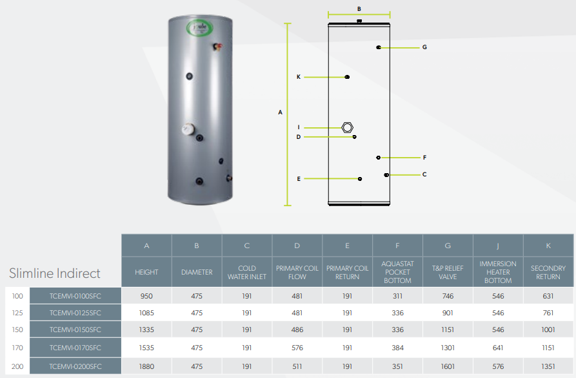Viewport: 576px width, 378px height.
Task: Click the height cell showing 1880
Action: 146,366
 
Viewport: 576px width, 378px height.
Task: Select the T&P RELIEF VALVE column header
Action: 448,272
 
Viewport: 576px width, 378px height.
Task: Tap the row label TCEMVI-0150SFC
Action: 75,330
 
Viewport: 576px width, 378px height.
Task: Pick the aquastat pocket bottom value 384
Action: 397,347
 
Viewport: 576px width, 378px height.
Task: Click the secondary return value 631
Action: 548,296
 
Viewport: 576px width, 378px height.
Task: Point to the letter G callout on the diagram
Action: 424,47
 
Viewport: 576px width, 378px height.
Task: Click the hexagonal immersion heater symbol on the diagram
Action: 348,127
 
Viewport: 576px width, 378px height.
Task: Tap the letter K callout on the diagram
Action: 299,77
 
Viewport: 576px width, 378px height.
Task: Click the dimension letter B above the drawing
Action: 359,9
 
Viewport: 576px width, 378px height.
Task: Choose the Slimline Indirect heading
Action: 55,273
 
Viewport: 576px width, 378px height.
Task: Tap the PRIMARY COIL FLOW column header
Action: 297,272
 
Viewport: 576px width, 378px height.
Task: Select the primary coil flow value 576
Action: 297,347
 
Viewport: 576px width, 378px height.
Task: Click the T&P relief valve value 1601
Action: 448,366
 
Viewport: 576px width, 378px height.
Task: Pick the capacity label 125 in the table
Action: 17,313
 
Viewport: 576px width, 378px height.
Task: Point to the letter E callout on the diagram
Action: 299,178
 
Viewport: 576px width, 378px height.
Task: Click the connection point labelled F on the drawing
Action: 379,157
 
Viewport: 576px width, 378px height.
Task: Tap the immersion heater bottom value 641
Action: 498,347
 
